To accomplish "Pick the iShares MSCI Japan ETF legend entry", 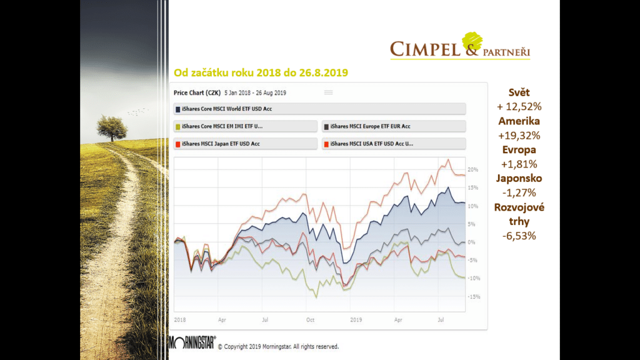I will click(219, 144).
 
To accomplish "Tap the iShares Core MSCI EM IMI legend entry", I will click(222, 126).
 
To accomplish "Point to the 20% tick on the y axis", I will click(472, 170).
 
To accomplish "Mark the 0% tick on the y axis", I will click(472, 242).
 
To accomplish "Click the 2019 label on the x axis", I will click(356, 319).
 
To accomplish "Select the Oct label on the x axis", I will click(311, 319).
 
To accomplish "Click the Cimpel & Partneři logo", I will click(460, 47).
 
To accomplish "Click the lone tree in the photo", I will click(111, 128).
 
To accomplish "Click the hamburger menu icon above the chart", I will click(328, 92).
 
